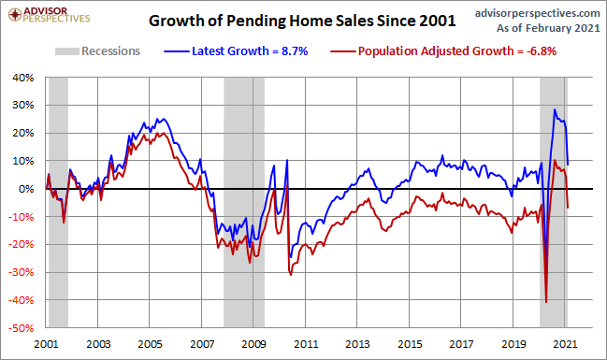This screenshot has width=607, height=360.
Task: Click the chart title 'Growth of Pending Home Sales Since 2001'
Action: pyautogui.click(x=302, y=21)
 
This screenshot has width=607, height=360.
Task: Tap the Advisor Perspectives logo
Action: pyautogui.click(x=50, y=15)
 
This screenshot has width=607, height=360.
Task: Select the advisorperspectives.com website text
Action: pyautogui.click(x=537, y=13)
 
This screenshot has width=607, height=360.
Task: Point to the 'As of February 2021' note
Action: pyautogui.click(x=548, y=28)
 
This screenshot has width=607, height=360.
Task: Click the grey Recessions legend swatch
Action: pyautogui.click(x=67, y=51)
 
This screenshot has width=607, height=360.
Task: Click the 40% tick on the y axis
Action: pyautogui.click(x=23, y=78)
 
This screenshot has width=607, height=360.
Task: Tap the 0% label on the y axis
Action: pyautogui.click(x=26, y=189)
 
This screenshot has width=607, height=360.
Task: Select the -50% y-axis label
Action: pyautogui.click(x=22, y=328)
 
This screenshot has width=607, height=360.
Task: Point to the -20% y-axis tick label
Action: pyautogui.click(x=22, y=245)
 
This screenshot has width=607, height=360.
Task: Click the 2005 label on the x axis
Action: pyautogui.click(x=151, y=344)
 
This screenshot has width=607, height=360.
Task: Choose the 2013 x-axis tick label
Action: pyautogui.click(x=357, y=344)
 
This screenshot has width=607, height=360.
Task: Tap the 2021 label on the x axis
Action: pyautogui.click(x=565, y=344)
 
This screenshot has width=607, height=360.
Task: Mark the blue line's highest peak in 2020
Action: pyautogui.click(x=555, y=109)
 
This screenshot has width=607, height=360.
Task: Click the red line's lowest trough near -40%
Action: pyautogui.click(x=546, y=302)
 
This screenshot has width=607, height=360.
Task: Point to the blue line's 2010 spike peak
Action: pyautogui.click(x=287, y=160)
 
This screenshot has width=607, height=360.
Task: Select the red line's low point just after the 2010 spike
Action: pyautogui.click(x=291, y=275)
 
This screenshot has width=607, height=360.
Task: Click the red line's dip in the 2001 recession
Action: pyautogui.click(x=64, y=223)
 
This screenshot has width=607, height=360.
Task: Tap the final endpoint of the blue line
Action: pyautogui.click(x=568, y=165)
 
